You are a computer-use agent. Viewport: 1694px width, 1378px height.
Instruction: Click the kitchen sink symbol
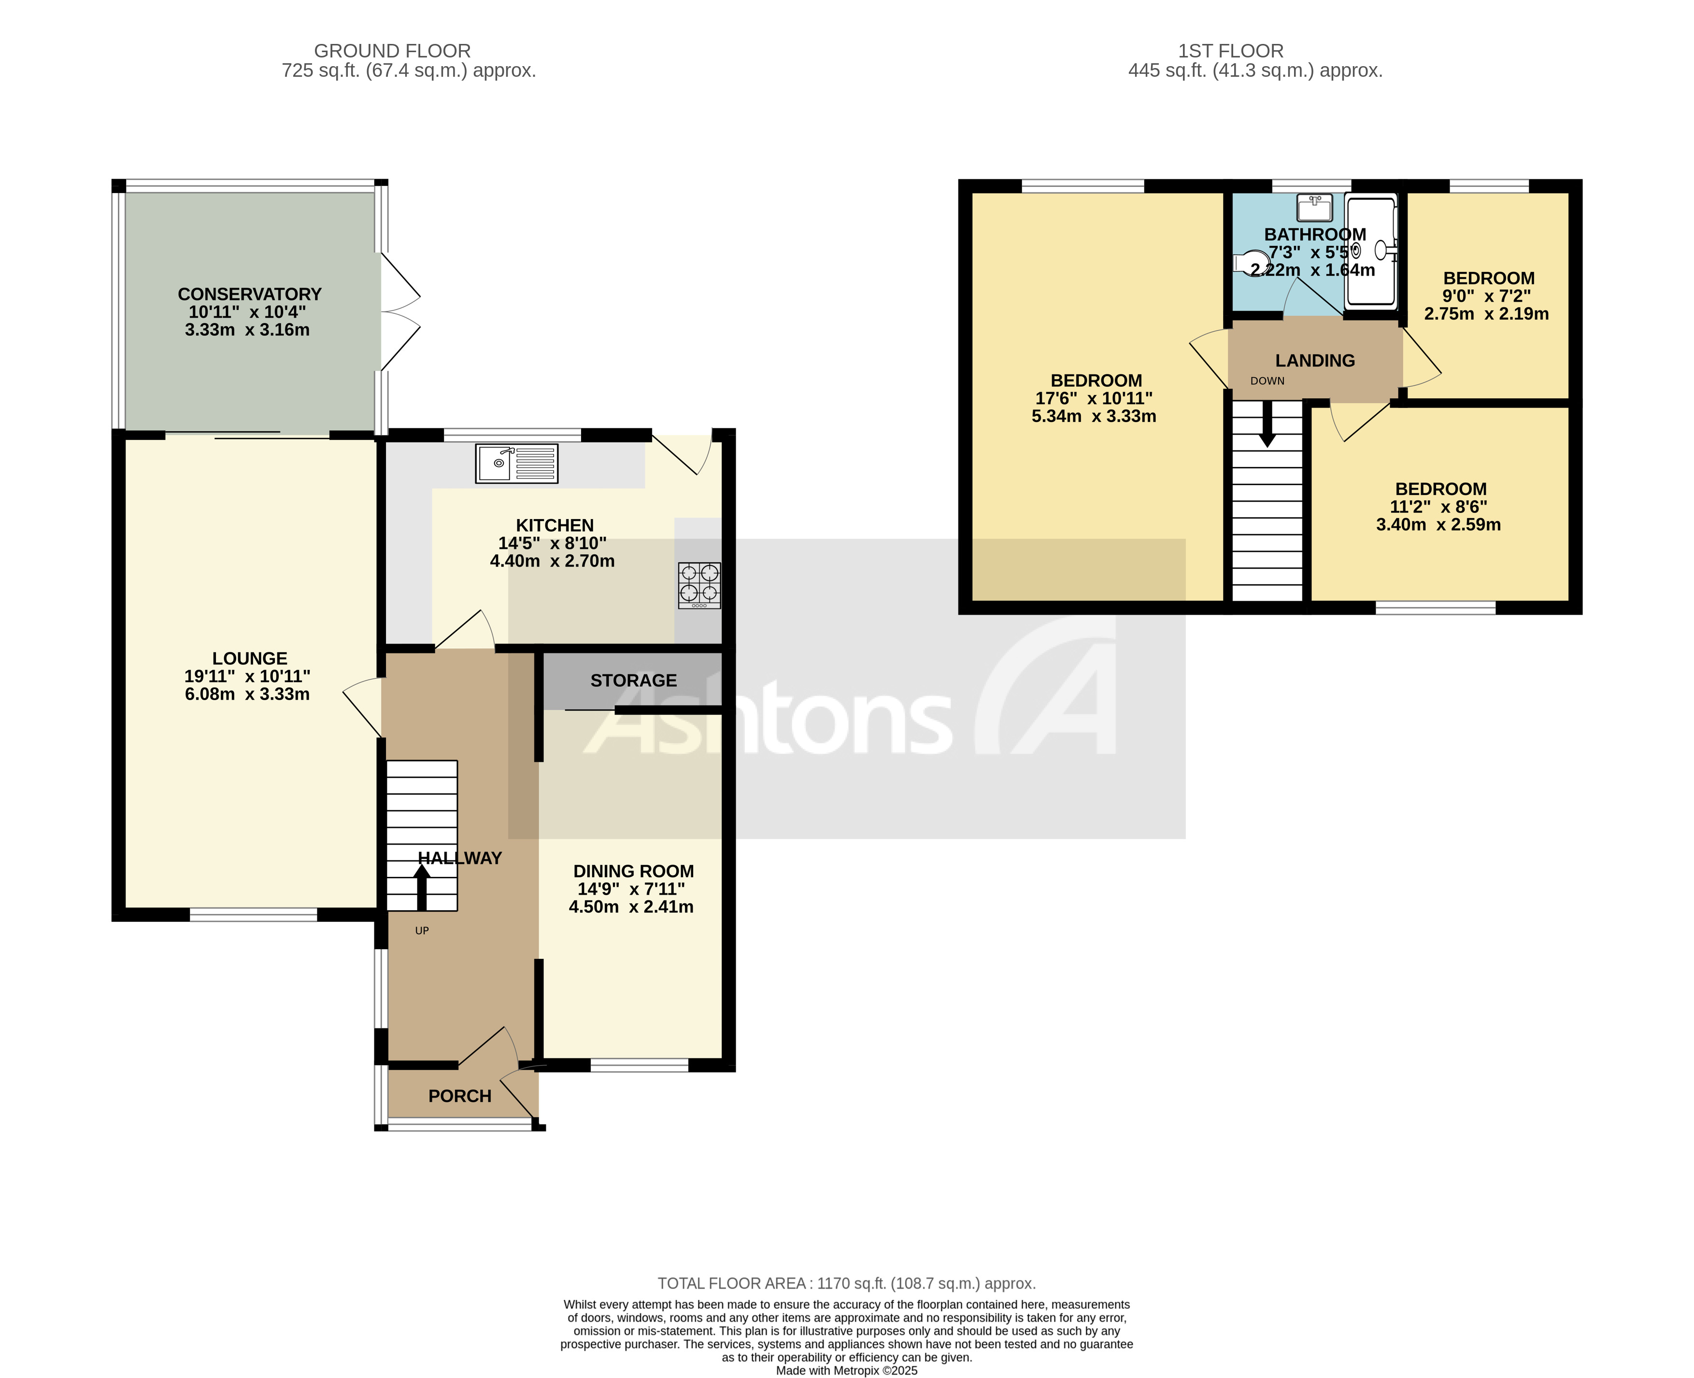[516, 464]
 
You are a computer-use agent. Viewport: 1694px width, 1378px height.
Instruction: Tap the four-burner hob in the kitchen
[699, 585]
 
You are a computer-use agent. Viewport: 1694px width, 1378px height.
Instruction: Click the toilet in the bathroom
[1251, 262]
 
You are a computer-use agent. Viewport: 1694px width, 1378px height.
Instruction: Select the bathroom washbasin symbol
[1314, 208]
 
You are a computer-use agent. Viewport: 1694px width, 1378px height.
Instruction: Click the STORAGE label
[633, 680]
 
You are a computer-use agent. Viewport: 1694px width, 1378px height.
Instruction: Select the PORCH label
[460, 1096]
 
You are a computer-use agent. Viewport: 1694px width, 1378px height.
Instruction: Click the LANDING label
[1315, 360]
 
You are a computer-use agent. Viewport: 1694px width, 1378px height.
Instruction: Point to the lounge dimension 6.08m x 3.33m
[247, 694]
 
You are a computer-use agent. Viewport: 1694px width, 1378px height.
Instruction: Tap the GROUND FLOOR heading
[392, 51]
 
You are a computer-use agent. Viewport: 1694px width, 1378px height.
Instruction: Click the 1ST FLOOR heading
[1230, 51]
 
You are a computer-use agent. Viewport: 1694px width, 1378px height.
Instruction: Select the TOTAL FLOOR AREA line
[847, 1283]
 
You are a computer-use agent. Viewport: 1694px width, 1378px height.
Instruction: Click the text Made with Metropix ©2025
[847, 1370]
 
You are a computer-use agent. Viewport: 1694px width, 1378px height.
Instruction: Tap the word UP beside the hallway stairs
[422, 930]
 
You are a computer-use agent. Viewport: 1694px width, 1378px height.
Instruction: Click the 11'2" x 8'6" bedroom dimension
[1438, 506]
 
